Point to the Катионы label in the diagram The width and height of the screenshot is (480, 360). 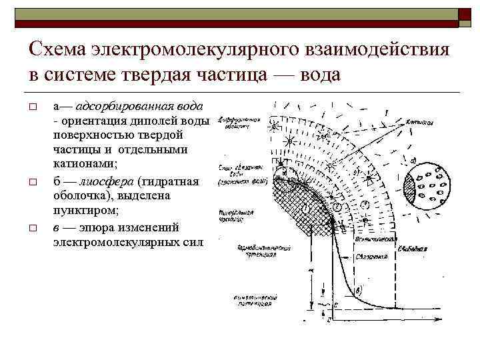pos(419,123)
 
